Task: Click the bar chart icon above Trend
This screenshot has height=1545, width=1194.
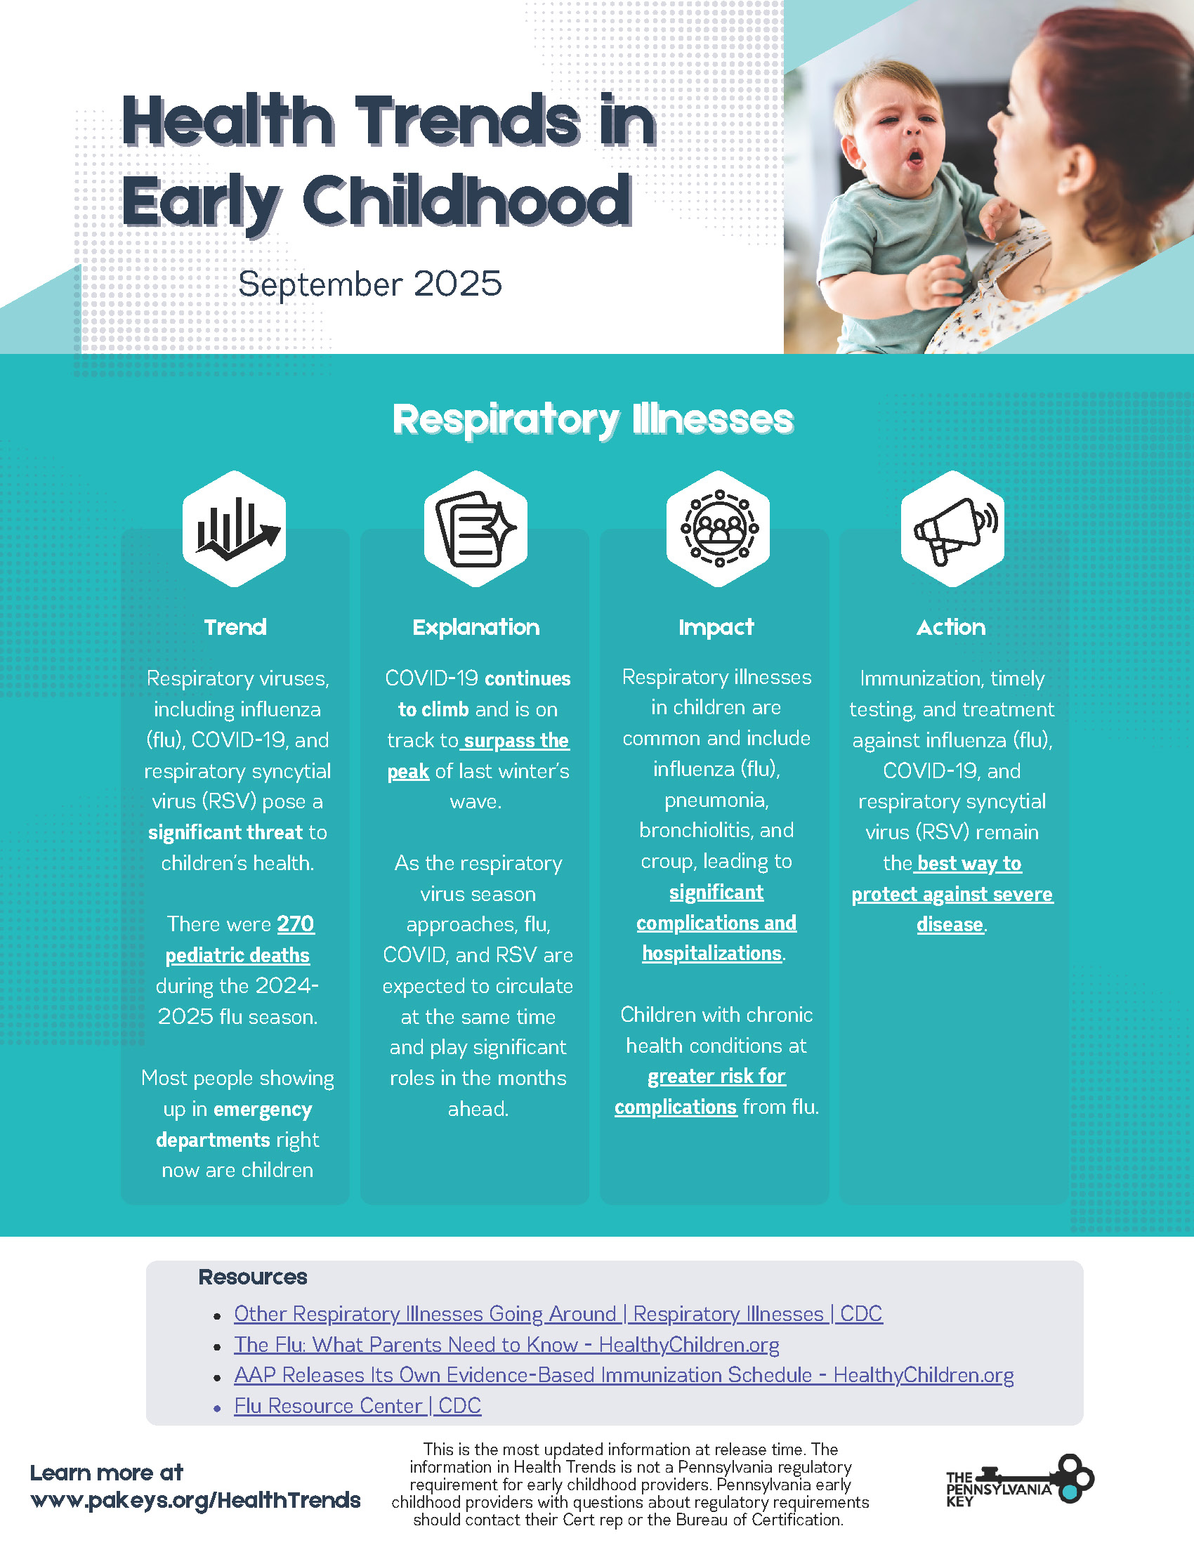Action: (x=238, y=529)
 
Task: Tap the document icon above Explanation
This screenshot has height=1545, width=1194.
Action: (x=476, y=528)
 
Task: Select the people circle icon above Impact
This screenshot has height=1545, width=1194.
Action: (x=719, y=528)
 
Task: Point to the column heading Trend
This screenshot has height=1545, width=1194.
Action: (x=235, y=627)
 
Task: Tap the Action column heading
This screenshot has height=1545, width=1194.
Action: (x=952, y=627)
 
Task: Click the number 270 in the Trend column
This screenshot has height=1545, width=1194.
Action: (x=296, y=925)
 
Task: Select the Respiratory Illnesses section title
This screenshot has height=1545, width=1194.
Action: (x=593, y=419)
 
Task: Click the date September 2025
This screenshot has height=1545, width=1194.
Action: (x=370, y=284)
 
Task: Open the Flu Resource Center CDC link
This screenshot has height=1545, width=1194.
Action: (x=358, y=1406)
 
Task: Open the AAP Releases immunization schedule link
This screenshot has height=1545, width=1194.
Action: (x=624, y=1375)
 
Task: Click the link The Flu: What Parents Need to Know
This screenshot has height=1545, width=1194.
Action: (x=506, y=1345)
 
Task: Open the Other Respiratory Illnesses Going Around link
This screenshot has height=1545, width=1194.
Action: (x=558, y=1315)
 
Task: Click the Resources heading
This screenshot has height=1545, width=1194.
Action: (x=253, y=1277)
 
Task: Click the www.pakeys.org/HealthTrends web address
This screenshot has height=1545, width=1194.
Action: (x=195, y=1501)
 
